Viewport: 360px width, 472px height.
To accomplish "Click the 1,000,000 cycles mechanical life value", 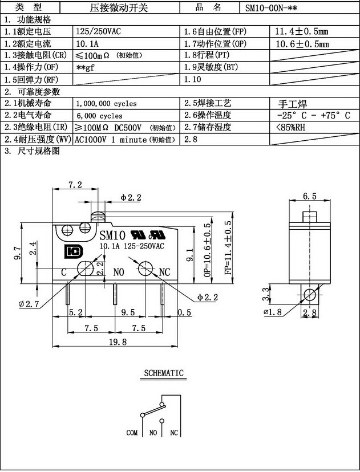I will click(x=106, y=104).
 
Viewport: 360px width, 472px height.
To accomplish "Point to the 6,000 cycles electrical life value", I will click(x=99, y=116).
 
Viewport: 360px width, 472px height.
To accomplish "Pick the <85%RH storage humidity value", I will click(x=290, y=127).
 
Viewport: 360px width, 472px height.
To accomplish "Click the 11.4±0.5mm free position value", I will click(x=302, y=31).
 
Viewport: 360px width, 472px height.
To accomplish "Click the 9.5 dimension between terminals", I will click(x=128, y=312).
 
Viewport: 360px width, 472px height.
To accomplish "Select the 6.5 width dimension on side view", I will click(x=310, y=196).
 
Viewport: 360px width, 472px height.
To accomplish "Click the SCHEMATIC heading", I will click(x=163, y=374).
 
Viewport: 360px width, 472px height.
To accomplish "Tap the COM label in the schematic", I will click(x=132, y=433).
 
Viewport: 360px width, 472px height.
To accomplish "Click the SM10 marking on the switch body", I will click(x=112, y=234).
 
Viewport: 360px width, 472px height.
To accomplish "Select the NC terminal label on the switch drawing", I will click(x=164, y=271).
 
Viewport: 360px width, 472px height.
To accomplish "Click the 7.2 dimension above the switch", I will click(x=75, y=184).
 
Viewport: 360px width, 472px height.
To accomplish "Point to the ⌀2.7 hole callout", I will click(x=28, y=304).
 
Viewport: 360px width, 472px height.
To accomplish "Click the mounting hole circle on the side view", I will click(x=309, y=295).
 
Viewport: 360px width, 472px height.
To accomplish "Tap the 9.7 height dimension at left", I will click(x=18, y=254).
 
